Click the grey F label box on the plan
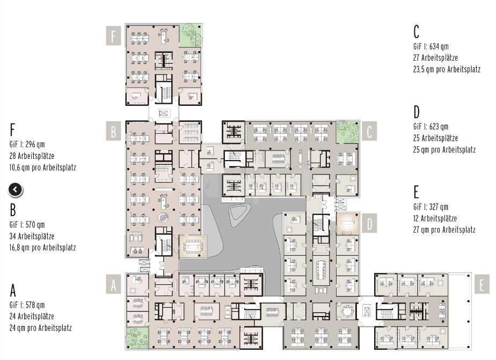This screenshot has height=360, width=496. click(113, 37)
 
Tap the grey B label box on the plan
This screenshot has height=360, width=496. click(113, 131)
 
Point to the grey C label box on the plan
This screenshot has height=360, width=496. click(369, 131)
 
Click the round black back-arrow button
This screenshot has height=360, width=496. click(16, 189)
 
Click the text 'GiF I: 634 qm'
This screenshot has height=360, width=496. click(431, 46)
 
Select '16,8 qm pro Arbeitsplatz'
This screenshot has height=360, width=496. click(42, 248)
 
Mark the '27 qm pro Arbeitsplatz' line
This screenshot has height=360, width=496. click(444, 229)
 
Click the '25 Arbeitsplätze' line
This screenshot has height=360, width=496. click(435, 138)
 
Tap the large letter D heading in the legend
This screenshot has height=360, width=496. click(417, 112)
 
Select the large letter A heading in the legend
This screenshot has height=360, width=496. click(13, 291)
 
